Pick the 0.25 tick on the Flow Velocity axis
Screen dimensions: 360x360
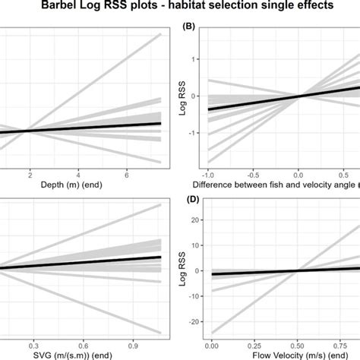(255, 343)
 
